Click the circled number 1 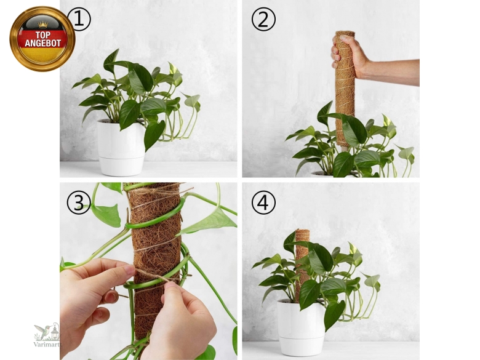[x=79, y=19]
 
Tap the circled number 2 [x=263, y=19]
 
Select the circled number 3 [x=79, y=202]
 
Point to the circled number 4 [x=263, y=202]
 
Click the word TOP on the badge [x=43, y=35]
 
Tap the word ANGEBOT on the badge [x=43, y=43]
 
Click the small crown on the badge [x=43, y=25]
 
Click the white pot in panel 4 [x=301, y=327]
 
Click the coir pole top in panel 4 [x=302, y=232]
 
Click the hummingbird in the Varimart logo [x=42, y=331]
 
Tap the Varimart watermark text [x=47, y=344]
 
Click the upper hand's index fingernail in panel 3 [x=129, y=270]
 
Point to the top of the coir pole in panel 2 [x=345, y=33]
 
